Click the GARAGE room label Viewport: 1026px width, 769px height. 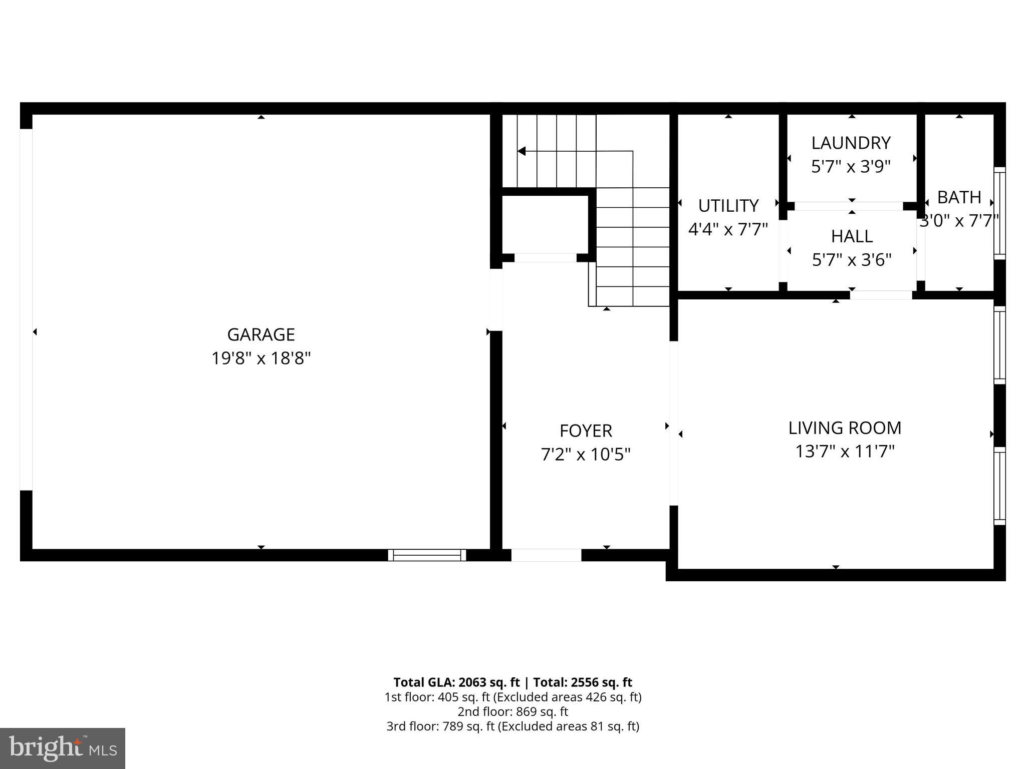pos(261,334)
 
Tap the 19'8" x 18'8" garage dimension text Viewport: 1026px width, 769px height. pos(261,358)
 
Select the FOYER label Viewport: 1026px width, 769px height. pos(585,431)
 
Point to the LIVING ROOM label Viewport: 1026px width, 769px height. pos(845,428)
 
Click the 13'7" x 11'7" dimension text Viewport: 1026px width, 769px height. pos(845,452)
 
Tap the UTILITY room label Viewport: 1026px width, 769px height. pos(728,206)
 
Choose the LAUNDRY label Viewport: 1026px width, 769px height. pos(851,143)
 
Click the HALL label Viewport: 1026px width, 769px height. pos(852,236)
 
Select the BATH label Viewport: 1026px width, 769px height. pos(959,198)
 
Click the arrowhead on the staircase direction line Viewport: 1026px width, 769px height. pos(522,151)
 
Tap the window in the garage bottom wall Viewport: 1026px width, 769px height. pos(427,555)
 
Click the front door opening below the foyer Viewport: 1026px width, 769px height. pos(546,555)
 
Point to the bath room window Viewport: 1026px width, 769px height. pos(999,213)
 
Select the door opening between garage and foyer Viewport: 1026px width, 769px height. pos(495,300)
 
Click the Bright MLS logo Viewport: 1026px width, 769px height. pos(63,748)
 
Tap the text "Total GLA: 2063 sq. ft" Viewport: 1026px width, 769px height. pos(456,682)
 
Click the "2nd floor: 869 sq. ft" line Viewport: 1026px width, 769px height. pos(512,711)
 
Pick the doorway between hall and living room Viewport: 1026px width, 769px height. pos(881,295)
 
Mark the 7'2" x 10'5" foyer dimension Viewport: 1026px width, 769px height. pos(585,455)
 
